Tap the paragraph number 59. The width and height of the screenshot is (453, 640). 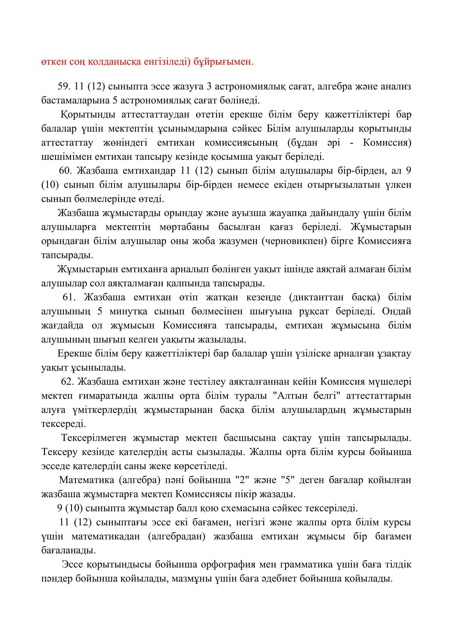click(64, 86)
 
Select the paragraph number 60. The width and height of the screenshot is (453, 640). click(65, 170)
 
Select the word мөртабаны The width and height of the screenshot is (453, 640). click(185, 227)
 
